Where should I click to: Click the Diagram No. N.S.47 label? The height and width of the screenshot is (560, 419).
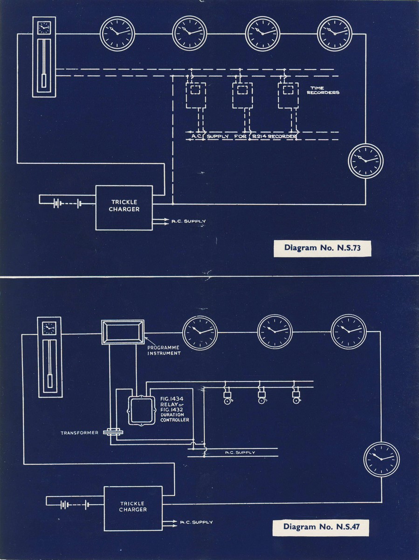tap(320, 527)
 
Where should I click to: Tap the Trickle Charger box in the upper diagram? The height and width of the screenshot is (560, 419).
tap(124, 207)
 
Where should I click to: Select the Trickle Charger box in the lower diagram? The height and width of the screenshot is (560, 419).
tap(133, 508)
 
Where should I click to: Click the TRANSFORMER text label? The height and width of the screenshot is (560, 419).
tap(80, 433)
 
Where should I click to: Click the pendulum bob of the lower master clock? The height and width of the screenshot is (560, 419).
tap(50, 381)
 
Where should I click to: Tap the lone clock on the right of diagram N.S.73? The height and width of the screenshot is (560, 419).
tap(366, 161)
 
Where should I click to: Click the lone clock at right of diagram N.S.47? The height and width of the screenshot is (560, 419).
tap(381, 459)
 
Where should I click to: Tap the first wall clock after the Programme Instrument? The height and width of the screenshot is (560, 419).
tap(200, 333)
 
